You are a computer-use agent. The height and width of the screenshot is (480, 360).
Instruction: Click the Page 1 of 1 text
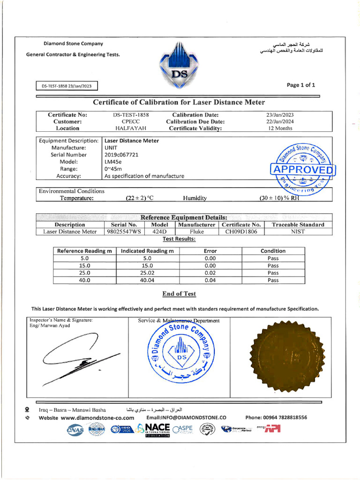pyautogui.click(x=300, y=85)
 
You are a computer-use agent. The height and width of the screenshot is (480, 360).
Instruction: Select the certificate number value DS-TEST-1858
pyautogui.click(x=131, y=115)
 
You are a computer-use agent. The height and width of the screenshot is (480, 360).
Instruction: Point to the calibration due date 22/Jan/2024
pyautogui.click(x=280, y=121)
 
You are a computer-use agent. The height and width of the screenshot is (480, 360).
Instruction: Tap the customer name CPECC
pyautogui.click(x=131, y=121)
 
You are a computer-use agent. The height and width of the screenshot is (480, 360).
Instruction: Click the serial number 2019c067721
pyautogui.click(x=121, y=155)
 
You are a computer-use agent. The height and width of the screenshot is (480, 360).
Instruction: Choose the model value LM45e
pyautogui.click(x=112, y=162)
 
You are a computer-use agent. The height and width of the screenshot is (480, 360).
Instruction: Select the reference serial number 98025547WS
pyautogui.click(x=123, y=232)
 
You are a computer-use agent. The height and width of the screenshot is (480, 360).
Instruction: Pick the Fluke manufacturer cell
pyautogui.click(x=196, y=232)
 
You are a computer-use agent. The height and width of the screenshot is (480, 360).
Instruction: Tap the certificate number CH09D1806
pyautogui.click(x=241, y=232)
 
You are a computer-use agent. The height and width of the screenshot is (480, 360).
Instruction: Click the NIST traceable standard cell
pyautogui.click(x=298, y=232)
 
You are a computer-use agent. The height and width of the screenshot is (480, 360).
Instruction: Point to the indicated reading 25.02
pyautogui.click(x=147, y=273)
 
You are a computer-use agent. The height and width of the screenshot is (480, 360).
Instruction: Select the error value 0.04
pyautogui.click(x=210, y=280)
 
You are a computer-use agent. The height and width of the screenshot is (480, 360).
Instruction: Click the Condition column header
pyautogui.click(x=273, y=251)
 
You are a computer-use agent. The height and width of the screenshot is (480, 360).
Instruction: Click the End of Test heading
pyautogui.click(x=179, y=294)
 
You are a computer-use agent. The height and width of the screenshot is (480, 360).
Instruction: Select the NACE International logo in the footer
pyautogui.click(x=154, y=429)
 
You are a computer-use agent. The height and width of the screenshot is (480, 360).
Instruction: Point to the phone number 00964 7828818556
pyautogui.click(x=276, y=417)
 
